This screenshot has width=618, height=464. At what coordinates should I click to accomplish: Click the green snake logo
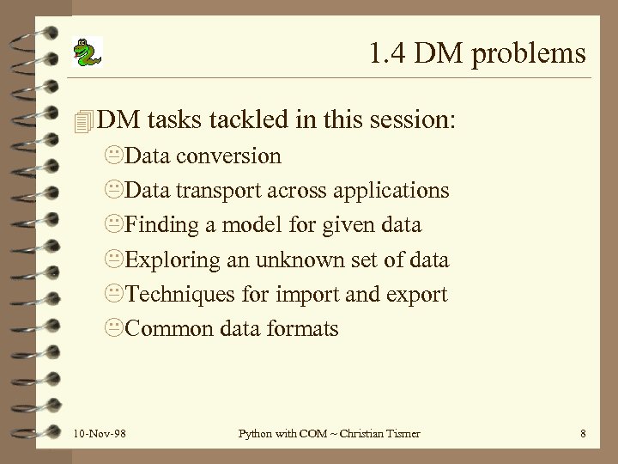[x=86, y=53]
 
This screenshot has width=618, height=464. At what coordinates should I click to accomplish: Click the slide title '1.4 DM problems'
[x=478, y=54]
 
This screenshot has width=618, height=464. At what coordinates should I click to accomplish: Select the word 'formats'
[x=304, y=328]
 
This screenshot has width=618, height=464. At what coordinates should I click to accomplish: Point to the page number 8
[x=583, y=434]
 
